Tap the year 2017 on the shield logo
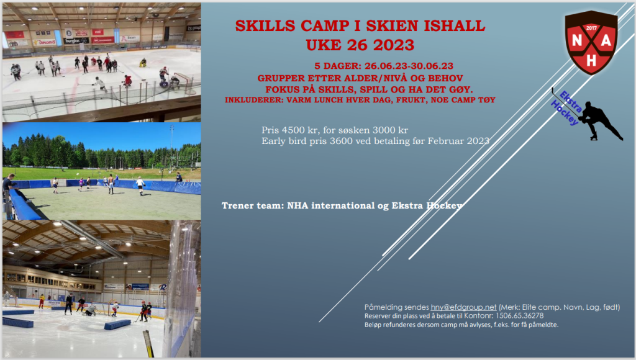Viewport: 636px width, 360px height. click(x=591, y=29)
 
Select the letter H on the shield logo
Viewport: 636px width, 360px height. click(x=591, y=60)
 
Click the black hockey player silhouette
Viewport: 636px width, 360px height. click(x=600, y=121)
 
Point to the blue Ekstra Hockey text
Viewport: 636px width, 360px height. click(x=567, y=108)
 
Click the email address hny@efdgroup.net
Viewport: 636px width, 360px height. click(x=463, y=307)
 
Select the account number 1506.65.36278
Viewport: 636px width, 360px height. click(x=520, y=316)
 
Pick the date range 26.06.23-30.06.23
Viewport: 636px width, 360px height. click(x=409, y=66)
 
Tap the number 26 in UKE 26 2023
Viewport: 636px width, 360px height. click(x=357, y=45)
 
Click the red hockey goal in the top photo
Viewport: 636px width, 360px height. click(x=185, y=83)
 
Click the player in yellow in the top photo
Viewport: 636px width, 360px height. click(x=143, y=63)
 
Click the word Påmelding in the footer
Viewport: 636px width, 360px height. click(x=384, y=308)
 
